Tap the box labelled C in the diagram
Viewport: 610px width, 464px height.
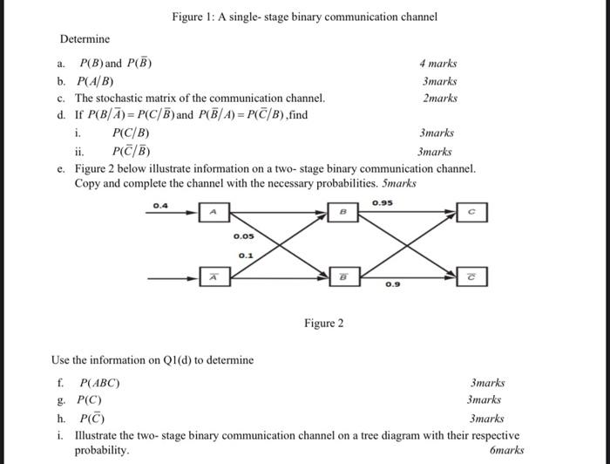pyautogui.click(x=471, y=212)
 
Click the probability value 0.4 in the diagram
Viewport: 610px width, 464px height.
pyautogui.click(x=160, y=205)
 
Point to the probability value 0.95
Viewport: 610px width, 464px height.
pyautogui.click(x=382, y=203)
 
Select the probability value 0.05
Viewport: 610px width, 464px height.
pyautogui.click(x=244, y=236)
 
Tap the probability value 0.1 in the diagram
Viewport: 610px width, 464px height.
pyautogui.click(x=247, y=255)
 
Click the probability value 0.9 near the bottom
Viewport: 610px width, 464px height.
pyautogui.click(x=394, y=285)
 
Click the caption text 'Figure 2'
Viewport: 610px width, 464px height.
pyautogui.click(x=323, y=324)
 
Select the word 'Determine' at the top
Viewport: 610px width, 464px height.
pyautogui.click(x=85, y=39)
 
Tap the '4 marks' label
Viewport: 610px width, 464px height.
pyautogui.click(x=437, y=64)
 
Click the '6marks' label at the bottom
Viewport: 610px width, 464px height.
pyautogui.click(x=507, y=451)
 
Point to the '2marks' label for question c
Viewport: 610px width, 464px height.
pyautogui.click(x=439, y=99)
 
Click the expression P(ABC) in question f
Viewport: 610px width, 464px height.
pyautogui.click(x=99, y=383)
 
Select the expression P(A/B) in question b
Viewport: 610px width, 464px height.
pyautogui.click(x=97, y=81)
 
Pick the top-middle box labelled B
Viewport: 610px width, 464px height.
pyautogui.click(x=342, y=212)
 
